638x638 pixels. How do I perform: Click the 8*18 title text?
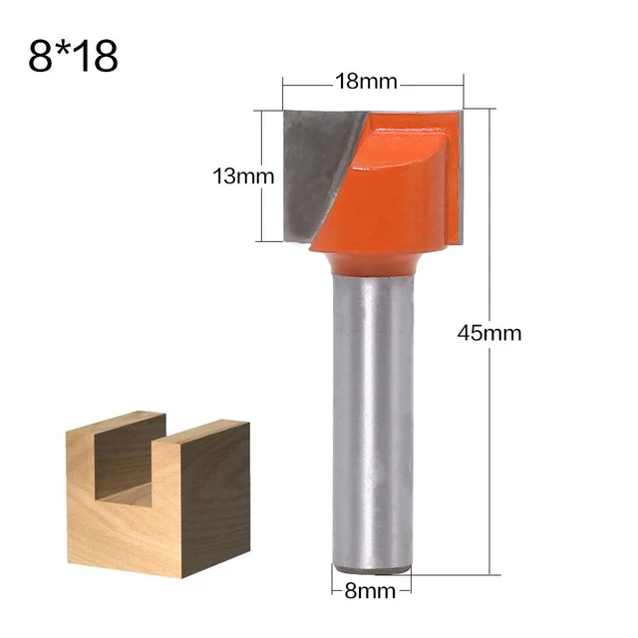click(x=74, y=56)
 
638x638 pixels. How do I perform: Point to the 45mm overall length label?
click(x=488, y=333)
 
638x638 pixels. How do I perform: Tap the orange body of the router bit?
click(x=389, y=189)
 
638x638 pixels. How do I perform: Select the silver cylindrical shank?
click(x=369, y=419)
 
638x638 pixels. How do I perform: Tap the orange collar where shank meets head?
click(x=369, y=262)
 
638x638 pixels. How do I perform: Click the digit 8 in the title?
click(x=41, y=57)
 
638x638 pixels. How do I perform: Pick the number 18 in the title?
click(x=97, y=57)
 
